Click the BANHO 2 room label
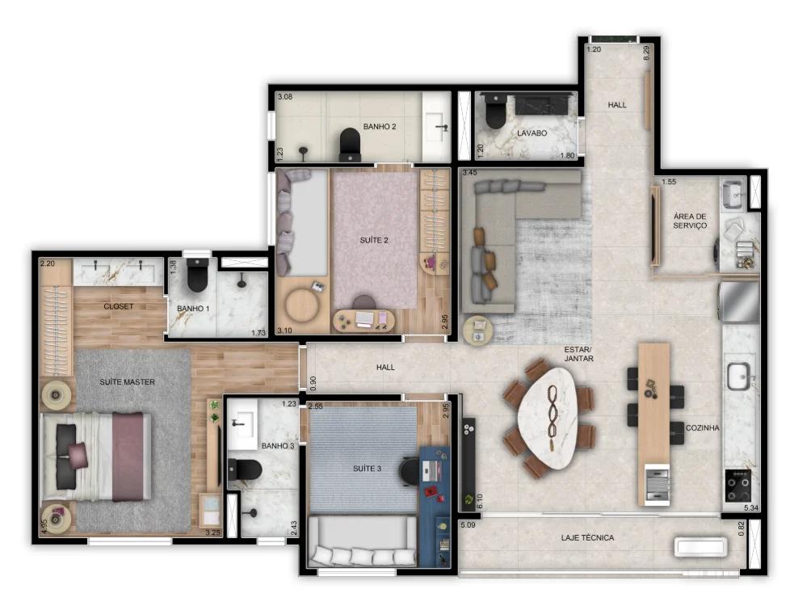[379, 127]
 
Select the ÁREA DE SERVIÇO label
[690, 221]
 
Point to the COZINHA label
[702, 427]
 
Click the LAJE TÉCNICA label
[587, 537]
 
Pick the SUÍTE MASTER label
[128, 381]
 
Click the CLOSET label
[118, 306]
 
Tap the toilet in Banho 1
[197, 277]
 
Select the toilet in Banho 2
[351, 143]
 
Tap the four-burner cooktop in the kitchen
[737, 486]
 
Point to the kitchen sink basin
[738, 376]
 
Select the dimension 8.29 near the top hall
[646, 53]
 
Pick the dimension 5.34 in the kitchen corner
[752, 508]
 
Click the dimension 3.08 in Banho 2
[284, 98]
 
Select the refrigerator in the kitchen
[739, 301]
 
